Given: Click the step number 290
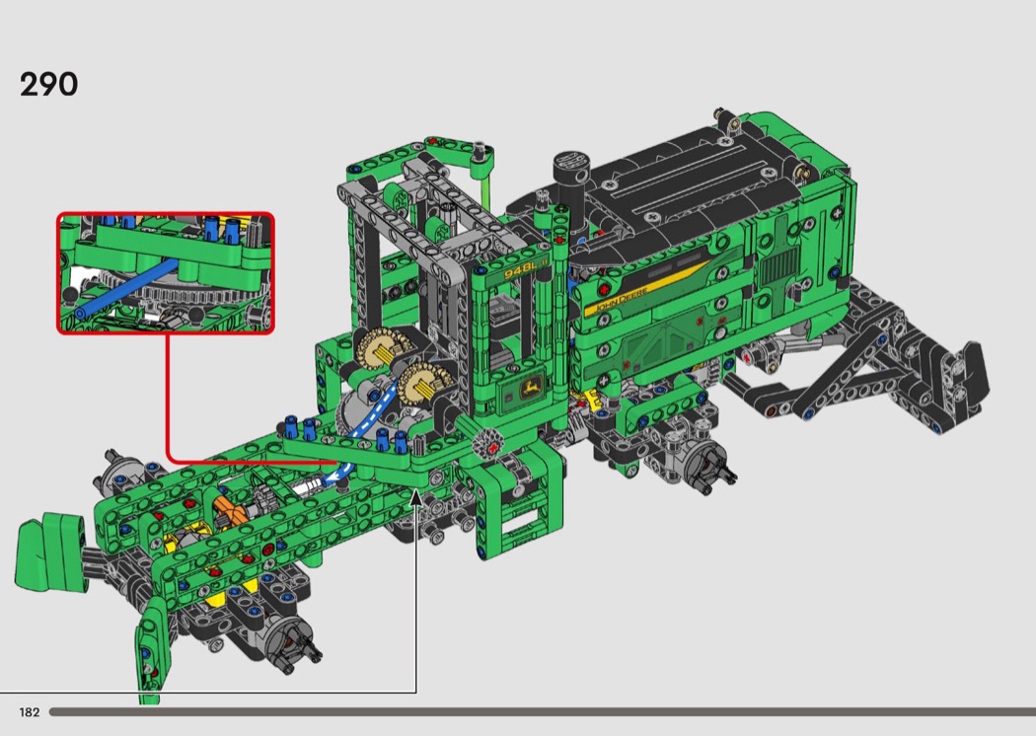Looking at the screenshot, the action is pos(49,85).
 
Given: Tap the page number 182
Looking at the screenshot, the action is pos(29,712).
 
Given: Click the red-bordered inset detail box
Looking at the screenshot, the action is pos(165,273).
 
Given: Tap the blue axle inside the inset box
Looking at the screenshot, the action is pos(125,287).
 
